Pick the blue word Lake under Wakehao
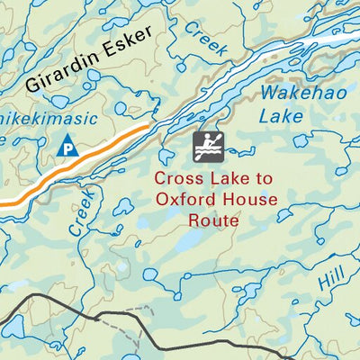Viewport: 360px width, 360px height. tap(281, 115)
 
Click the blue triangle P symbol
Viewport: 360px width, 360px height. tap(67, 146)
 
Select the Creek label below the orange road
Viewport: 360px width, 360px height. tap(81, 212)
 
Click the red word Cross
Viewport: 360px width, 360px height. tap(177, 179)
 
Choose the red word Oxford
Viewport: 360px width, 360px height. tap(184, 199)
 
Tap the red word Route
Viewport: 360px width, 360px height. tap(213, 219)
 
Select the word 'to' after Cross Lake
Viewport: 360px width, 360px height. tap(257, 179)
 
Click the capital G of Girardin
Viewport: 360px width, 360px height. tap(33, 85)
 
